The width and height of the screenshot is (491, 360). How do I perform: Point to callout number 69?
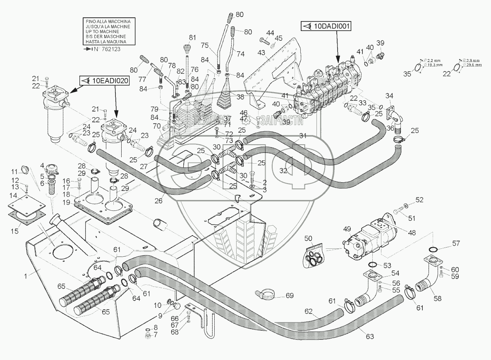(289, 295)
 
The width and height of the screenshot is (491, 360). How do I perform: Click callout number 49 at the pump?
(347, 229)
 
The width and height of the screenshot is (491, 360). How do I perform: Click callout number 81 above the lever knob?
(192, 38)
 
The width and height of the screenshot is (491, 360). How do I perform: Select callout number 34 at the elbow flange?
(389, 96)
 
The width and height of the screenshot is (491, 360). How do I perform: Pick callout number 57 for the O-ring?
(456, 243)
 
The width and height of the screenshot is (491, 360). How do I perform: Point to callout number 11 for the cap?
(14, 172)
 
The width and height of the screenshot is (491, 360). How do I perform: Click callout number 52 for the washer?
(419, 200)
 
